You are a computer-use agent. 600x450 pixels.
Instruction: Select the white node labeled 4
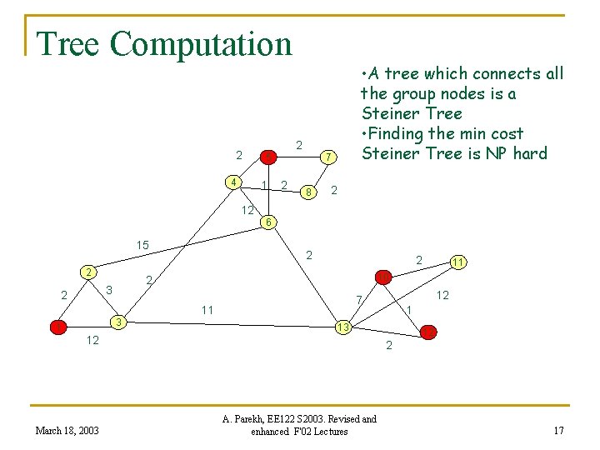coord(235,182)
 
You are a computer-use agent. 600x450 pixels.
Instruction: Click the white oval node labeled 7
coord(329,157)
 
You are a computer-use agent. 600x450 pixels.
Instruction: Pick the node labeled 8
coord(308,192)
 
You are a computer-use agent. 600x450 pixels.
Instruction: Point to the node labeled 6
coord(267,222)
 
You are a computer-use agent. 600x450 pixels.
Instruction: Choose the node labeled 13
coord(342,327)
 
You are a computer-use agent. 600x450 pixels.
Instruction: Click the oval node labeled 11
coord(458,262)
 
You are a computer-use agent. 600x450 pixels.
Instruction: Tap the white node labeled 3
coord(120,322)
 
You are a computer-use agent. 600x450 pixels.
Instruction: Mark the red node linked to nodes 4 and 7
coord(268,156)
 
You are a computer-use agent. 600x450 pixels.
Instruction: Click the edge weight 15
coord(142,245)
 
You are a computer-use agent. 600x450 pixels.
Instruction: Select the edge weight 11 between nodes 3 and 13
coord(207,310)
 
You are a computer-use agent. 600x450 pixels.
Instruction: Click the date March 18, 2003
coord(67,430)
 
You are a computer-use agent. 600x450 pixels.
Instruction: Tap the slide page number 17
coord(558,430)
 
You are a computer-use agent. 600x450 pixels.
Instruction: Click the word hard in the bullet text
coord(531,153)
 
